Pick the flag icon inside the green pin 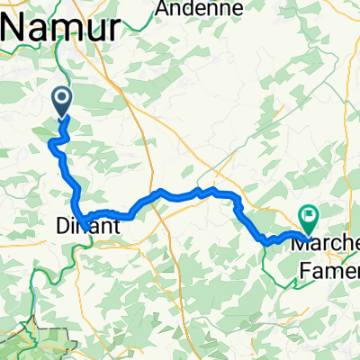point(310,215)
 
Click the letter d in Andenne point(192,8)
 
